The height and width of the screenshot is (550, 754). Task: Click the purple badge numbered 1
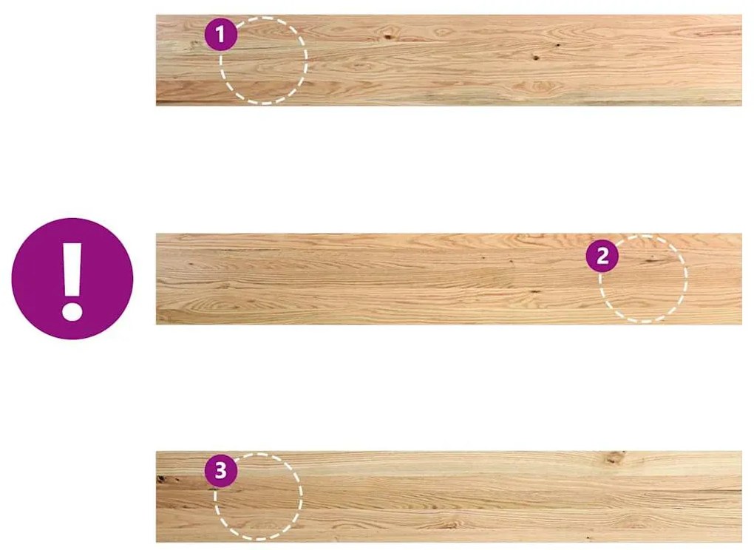tap(221, 34)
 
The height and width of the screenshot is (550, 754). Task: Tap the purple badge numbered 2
tap(602, 256)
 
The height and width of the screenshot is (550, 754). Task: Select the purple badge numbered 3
tap(221, 470)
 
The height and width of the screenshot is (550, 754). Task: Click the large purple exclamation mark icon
tap(72, 279)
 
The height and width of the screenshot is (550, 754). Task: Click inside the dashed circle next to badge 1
tap(263, 60)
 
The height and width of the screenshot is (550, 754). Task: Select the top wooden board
tap(449, 60)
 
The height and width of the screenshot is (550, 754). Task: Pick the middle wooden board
tap(449, 279)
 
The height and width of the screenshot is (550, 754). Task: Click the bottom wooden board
tap(449, 497)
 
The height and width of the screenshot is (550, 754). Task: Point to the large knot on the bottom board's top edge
tap(614, 457)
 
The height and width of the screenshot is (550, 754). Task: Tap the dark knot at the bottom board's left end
tap(162, 479)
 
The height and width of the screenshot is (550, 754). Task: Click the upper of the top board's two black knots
tap(558, 45)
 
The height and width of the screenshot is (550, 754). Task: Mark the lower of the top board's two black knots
tap(536, 58)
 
